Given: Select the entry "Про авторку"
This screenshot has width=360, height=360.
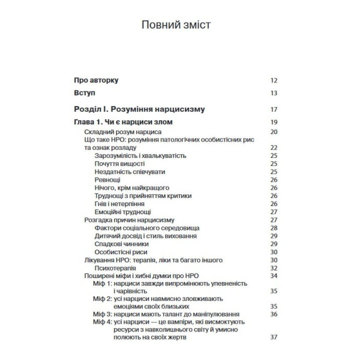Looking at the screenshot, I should tap(96, 80).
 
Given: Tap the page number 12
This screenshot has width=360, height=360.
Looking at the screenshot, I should tap(273, 80).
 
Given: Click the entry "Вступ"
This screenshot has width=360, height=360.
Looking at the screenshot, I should tap(84, 93).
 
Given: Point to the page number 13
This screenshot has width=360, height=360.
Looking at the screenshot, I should tap(273, 93).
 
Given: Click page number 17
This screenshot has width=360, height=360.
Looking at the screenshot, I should tap(273, 109).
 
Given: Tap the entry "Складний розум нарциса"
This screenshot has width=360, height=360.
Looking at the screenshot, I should tap(122, 131).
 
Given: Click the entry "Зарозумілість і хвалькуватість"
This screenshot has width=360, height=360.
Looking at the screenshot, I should tap(140, 155).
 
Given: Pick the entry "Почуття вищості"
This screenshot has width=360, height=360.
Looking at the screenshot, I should tap(119, 163).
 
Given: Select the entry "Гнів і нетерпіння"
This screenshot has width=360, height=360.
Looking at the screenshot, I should tap(119, 203).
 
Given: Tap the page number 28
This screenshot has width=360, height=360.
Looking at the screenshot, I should tap(273, 227).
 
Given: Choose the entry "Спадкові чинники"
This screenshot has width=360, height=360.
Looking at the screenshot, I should tap(121, 243).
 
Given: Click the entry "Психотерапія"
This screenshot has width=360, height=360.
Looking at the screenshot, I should tap(116, 267).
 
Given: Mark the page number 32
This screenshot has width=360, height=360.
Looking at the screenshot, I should tap(273, 267).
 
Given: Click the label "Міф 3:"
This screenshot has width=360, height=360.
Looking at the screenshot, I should tap(103, 314).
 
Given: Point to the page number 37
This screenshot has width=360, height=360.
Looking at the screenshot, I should tap(273, 337).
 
